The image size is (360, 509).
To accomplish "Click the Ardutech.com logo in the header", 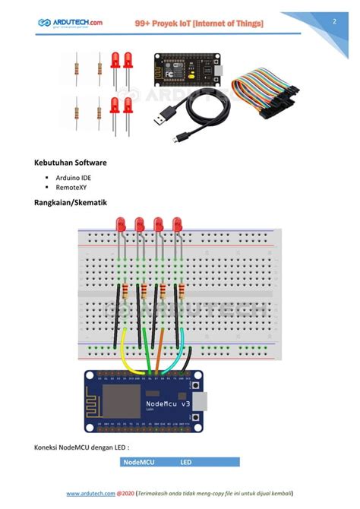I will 70,24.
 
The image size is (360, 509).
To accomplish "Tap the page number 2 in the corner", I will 334,21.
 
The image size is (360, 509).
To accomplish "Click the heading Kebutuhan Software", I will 70,163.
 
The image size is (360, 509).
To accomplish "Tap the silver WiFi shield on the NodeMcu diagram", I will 118,403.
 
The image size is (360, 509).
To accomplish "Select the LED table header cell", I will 186,462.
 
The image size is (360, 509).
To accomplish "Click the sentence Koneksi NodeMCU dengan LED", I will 81,447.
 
